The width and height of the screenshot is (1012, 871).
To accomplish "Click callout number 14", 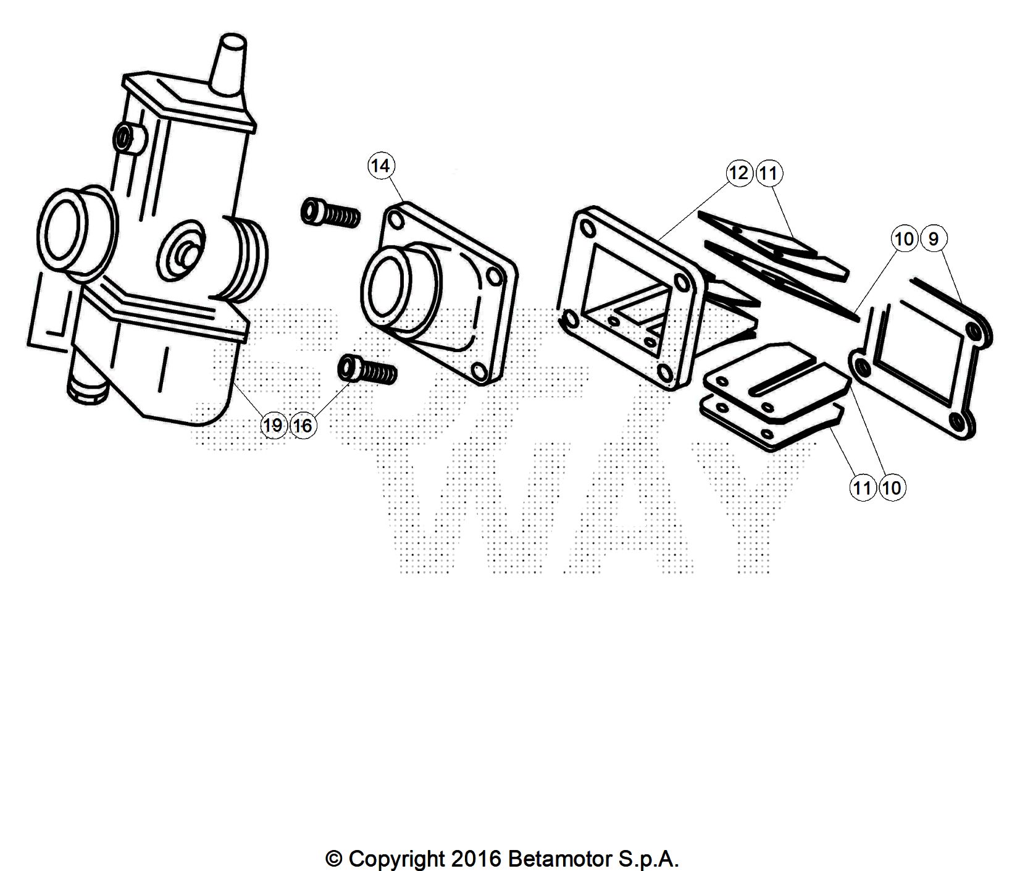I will [381, 166].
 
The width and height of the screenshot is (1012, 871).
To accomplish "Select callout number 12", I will [738, 173].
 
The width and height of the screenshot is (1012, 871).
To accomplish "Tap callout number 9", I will [933, 238].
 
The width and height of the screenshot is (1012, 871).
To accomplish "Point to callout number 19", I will [273, 425].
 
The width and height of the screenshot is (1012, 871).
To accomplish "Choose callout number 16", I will [302, 425].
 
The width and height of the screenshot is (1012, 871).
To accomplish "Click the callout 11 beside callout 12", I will [767, 173].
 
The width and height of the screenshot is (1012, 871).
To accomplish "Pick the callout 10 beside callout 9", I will [904, 238].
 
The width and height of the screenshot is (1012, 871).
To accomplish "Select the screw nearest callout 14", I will [330, 214].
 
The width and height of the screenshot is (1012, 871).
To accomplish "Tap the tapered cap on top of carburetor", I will [230, 62].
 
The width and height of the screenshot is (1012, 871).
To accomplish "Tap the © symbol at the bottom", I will [333, 859].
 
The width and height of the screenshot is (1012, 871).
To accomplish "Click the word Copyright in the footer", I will [396, 859].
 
